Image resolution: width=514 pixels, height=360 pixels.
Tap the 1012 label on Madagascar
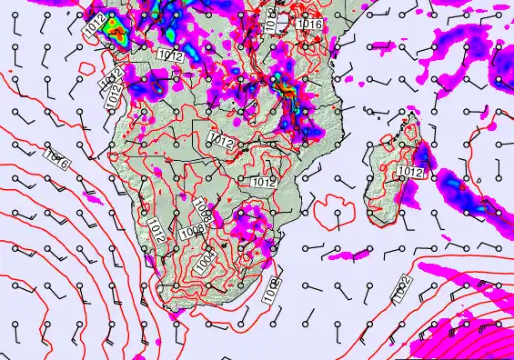(x=411, y=172)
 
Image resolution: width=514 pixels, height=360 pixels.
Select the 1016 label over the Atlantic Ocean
(x=55, y=162)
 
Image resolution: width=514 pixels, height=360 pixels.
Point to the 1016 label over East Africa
(x=311, y=24)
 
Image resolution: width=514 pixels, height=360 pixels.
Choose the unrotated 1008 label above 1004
(x=191, y=234)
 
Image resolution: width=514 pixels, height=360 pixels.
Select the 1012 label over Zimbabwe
(x=264, y=183)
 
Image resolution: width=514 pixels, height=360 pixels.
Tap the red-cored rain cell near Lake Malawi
(x=287, y=91)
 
